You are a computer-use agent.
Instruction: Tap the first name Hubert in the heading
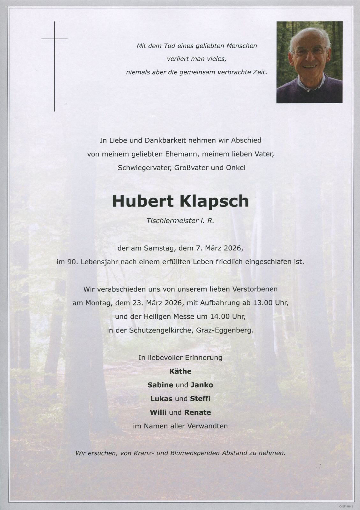click(x=143, y=201)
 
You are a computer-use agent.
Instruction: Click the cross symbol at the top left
click(x=55, y=39)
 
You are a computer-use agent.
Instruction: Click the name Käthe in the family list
click(x=180, y=371)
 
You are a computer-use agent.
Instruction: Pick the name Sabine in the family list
click(x=160, y=385)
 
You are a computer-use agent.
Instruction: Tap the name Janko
click(x=202, y=385)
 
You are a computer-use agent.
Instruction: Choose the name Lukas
click(x=161, y=398)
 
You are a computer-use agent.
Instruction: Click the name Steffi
click(x=200, y=398)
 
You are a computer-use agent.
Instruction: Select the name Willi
click(x=158, y=412)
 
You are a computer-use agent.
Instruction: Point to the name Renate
click(x=198, y=412)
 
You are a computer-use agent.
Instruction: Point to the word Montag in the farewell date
click(x=98, y=303)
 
